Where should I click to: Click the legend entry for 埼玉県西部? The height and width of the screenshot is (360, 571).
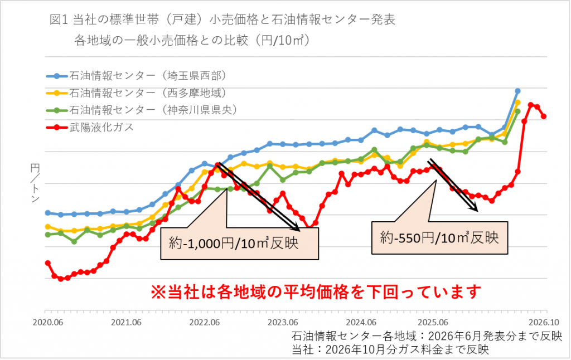click(137, 76)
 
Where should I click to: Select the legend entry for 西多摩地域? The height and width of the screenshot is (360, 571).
click(137, 93)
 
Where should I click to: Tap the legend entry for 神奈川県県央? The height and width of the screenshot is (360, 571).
click(142, 110)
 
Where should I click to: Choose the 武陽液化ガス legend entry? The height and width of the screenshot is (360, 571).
click(90, 127)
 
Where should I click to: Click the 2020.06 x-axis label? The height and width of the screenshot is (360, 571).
click(48, 323)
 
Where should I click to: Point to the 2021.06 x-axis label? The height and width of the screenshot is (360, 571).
click(126, 323)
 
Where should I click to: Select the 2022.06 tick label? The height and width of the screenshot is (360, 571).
click(204, 323)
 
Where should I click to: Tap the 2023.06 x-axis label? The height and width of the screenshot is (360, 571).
click(283, 323)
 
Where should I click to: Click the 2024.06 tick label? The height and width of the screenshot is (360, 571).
click(361, 323)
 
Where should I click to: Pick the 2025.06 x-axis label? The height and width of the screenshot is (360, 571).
click(433, 323)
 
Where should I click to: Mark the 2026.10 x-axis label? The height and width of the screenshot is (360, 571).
click(544, 323)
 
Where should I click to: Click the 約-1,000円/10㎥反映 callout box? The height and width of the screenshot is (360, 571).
click(240, 243)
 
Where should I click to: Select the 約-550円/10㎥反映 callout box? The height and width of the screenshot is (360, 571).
click(439, 238)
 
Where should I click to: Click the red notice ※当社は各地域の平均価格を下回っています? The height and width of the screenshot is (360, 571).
click(316, 291)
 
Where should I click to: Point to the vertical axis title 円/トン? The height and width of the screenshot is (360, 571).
click(35, 183)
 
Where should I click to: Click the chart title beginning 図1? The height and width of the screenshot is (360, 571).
click(222, 30)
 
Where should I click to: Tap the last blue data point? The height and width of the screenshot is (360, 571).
click(517, 91)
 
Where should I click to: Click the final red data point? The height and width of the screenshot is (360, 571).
click(544, 116)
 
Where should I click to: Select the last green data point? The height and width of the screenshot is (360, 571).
click(517, 111)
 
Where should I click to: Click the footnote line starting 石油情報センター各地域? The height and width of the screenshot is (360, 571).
click(427, 336)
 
